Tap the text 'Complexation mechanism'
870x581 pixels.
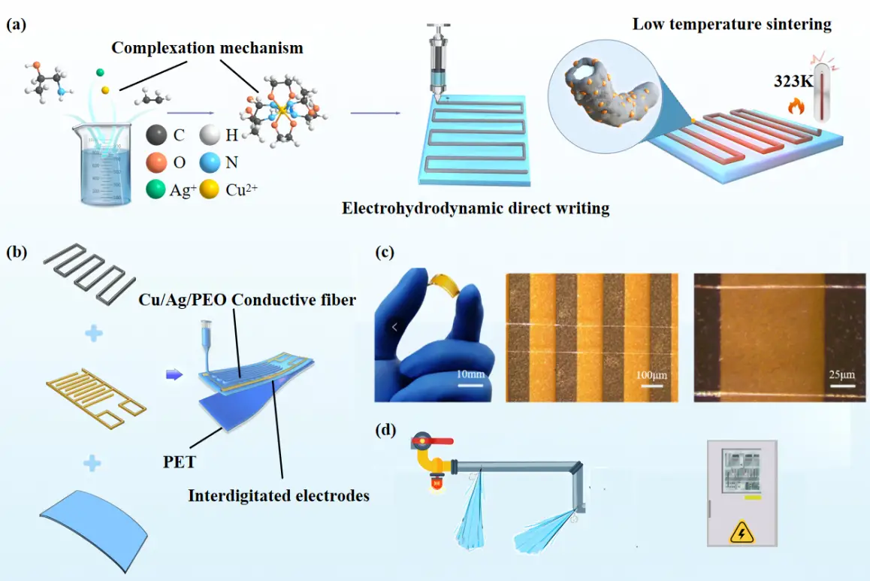[x=207, y=48]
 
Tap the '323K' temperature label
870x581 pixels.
[x=793, y=81]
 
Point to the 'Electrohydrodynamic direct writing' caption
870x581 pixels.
[x=476, y=207]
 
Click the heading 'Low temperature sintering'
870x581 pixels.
[x=732, y=24]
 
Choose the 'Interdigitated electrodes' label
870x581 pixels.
[x=279, y=495]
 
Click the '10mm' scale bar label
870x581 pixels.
[x=470, y=373]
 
